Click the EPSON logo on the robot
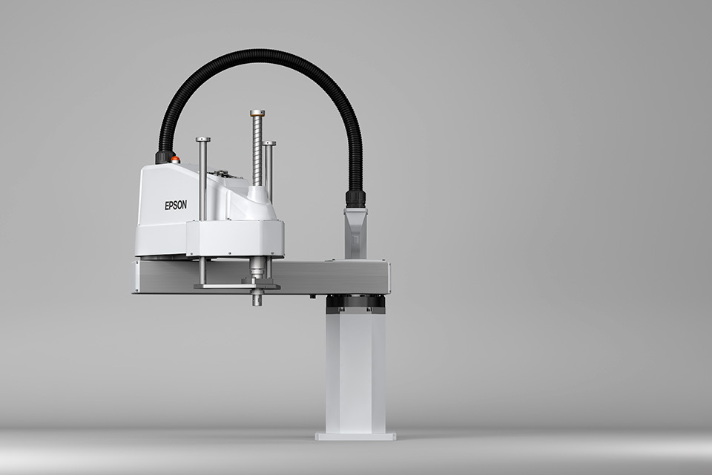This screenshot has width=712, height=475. tap(175, 205)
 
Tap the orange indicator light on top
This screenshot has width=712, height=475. tap(175, 159)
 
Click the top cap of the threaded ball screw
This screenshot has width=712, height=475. tap(257, 112)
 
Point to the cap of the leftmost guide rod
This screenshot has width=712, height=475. tap(202, 140)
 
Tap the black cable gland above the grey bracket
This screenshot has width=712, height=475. tap(355, 199)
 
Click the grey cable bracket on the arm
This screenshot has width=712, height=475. tap(355, 233)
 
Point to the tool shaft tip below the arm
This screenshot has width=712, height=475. tap(256, 301)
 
